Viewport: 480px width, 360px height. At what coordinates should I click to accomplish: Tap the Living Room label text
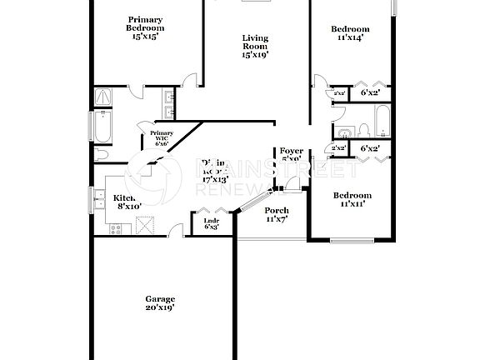[256, 45]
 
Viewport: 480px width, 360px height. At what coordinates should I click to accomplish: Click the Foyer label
[291, 151]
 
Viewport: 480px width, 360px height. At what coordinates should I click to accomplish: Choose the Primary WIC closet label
[162, 137]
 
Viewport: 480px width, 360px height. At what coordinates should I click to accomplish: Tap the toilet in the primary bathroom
[102, 156]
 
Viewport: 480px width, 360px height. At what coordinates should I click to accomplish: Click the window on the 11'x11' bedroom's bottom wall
[351, 241]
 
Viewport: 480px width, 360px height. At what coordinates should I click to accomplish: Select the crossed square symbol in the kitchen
[146, 225]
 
